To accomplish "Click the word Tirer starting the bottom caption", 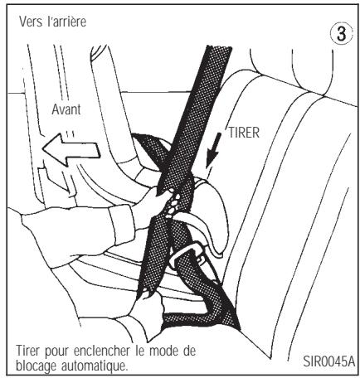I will click(28, 349).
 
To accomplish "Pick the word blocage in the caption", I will click(36, 362).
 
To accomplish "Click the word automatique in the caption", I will click(98, 362).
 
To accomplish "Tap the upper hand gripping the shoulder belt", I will click(167, 199).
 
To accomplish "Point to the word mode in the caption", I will click(174, 349).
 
